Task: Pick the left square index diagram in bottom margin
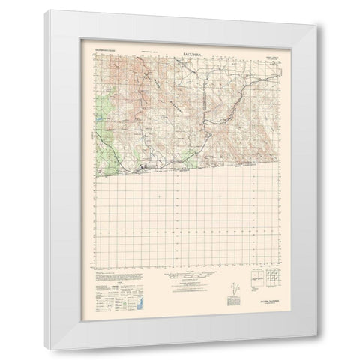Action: pyautogui.click(x=256, y=282)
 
